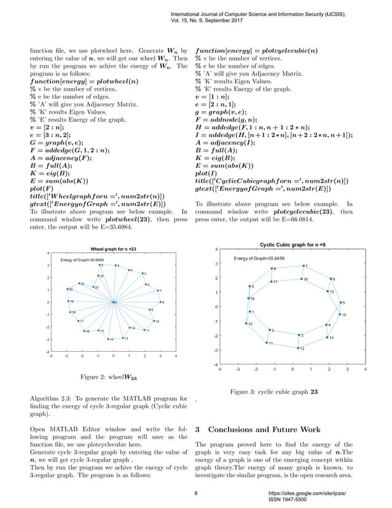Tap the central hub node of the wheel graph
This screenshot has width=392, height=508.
113,302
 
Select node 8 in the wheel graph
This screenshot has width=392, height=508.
160,302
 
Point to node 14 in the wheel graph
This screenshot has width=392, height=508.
108,339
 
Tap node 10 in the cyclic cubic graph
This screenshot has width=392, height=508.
247,323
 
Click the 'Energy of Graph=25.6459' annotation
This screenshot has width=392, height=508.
259,258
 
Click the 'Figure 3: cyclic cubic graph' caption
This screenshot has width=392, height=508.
274,392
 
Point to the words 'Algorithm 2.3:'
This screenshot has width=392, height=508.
51,400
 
